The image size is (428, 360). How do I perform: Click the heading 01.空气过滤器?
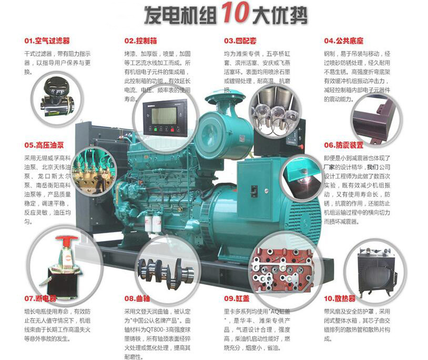point(47,41)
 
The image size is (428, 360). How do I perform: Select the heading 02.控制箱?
point(140,41)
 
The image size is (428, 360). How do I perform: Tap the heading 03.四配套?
point(240,41)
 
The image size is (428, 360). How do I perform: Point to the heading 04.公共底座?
point(344,41)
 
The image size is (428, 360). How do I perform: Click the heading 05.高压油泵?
point(44,145)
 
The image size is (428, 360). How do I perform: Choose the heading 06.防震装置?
point(344,145)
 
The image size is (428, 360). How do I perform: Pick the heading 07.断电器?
point(40,298)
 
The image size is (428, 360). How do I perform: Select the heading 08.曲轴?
point(137,298)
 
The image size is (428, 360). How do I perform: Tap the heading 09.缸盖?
point(237,298)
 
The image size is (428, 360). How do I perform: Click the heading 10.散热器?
point(340,298)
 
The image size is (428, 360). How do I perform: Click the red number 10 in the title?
point(235,13)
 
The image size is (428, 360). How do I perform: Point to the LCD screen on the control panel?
point(164,116)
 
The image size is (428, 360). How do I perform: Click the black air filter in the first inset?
point(56,96)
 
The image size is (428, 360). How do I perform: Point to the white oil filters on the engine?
point(153,224)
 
